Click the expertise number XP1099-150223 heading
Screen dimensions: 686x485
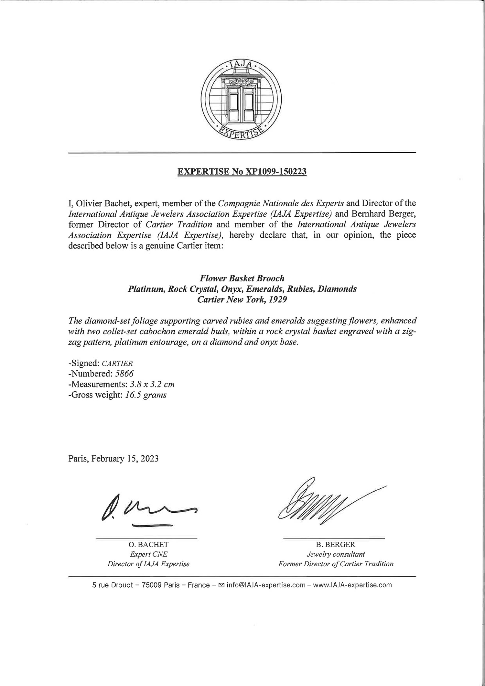coord(242,172)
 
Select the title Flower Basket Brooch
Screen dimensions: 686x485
coord(242,278)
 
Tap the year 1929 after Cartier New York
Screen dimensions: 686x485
coord(278,299)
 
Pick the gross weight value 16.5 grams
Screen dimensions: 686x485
coord(145,395)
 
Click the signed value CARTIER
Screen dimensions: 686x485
coord(115,363)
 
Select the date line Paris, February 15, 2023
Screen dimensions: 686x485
coord(113,459)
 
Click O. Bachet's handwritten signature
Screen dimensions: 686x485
coord(147,511)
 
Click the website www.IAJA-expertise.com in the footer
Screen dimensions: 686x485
coord(352,585)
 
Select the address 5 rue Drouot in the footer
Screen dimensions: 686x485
coord(113,585)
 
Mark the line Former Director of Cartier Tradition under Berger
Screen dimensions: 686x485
coord(336,564)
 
